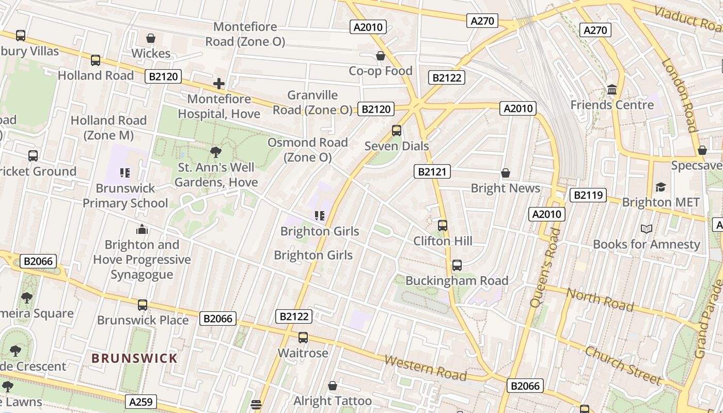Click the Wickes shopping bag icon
[151, 38]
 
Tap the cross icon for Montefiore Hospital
[219, 83]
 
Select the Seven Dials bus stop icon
[397, 131]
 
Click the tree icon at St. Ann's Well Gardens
[216, 152]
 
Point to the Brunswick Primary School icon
[125, 172]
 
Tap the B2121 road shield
[432, 171]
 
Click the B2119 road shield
[588, 195]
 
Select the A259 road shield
[140, 402]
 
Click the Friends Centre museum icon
[612, 90]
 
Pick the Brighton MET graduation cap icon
[661, 187]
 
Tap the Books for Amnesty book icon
[646, 229]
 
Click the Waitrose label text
[303, 353]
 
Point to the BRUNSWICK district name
[134, 358]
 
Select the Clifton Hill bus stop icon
[443, 226]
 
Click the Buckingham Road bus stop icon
[457, 265]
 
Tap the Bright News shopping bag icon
[505, 173]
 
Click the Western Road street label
[426, 367]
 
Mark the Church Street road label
[623, 365]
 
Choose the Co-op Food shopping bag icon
[381, 56]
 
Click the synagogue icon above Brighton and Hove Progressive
[142, 229]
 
